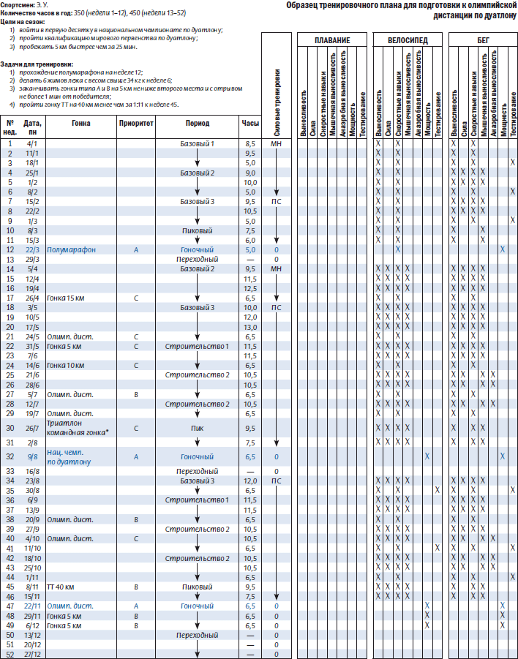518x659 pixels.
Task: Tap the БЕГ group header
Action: coord(484,39)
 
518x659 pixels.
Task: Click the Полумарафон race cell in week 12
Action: coord(71,249)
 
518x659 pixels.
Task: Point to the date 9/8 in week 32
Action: coord(31,456)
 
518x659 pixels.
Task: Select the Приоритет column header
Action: coord(136,123)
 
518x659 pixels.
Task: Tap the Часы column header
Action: coord(250,123)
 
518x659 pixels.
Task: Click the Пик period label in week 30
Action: coord(197,428)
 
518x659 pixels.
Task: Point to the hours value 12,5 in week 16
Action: coord(250,287)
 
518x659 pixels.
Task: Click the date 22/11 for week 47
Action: coord(31,605)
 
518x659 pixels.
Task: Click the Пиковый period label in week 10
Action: coord(197,230)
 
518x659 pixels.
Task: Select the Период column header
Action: coord(197,123)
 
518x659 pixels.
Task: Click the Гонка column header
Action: coord(81,123)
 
